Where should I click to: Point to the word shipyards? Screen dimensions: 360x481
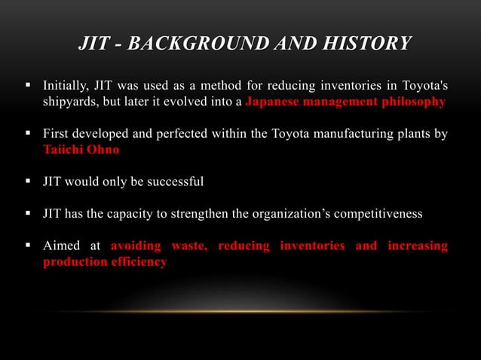(x=68, y=102)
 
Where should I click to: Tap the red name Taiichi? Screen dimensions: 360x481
(x=60, y=150)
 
